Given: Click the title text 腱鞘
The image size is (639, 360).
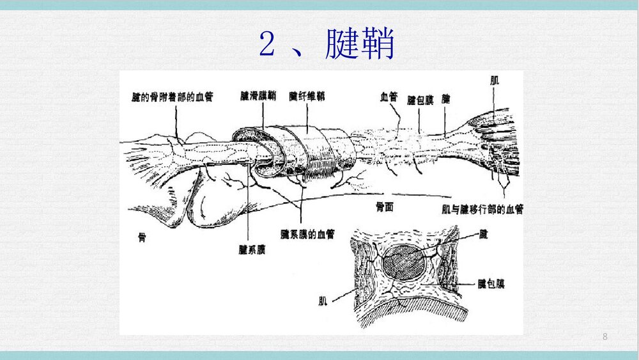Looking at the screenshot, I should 360,44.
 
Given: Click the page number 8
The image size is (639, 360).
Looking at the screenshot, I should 605,336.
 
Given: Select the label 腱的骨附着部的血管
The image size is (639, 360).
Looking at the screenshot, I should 172,97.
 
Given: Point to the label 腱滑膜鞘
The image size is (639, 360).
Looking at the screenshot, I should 258,96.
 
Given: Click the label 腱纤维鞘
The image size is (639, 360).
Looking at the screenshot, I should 307,96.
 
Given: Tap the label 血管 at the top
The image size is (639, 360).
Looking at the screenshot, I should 389,97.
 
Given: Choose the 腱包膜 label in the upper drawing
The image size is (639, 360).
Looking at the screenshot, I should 420,99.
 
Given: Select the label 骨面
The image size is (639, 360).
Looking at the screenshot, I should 385,208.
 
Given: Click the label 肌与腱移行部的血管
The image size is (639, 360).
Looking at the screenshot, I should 482,209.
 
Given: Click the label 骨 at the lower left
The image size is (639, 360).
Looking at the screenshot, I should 142,237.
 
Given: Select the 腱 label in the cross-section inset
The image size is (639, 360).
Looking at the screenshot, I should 484,235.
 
